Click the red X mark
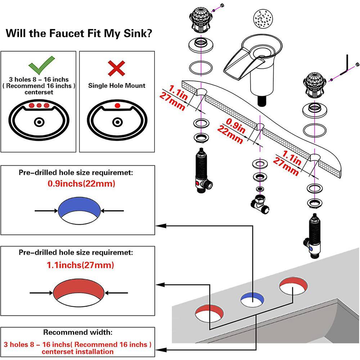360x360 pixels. click(117, 67)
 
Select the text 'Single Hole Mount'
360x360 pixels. click(117, 86)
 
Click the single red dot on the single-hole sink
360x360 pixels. click(117, 106)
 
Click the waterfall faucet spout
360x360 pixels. click(248, 58)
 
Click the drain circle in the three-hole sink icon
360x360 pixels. click(39, 122)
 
